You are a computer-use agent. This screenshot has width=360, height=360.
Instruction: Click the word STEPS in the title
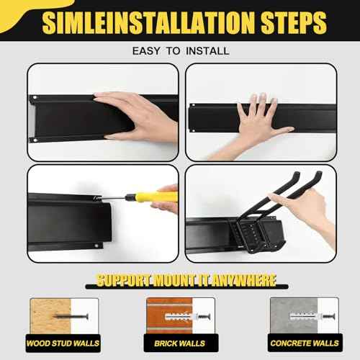point(294,22)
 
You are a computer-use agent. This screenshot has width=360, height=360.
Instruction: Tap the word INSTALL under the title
point(208,51)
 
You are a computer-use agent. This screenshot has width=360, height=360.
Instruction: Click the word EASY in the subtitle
point(146,51)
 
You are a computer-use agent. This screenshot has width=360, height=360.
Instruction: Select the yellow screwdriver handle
point(153,197)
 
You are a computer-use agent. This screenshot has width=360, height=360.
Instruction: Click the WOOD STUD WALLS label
point(63,343)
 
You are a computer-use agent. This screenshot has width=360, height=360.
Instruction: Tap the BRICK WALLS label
point(180,343)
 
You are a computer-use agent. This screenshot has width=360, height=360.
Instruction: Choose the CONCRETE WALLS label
point(305,343)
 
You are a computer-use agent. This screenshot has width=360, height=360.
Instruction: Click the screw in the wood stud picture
point(71,316)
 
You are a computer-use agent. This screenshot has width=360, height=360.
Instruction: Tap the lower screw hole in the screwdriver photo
point(96,246)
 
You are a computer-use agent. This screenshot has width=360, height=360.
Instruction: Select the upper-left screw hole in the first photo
point(35,98)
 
